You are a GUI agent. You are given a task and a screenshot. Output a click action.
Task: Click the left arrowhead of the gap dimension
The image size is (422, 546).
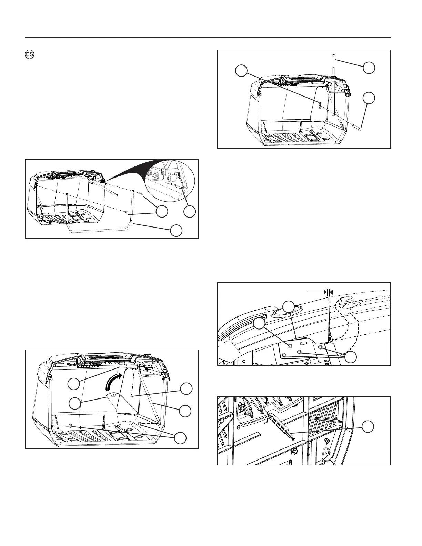(x=325, y=292)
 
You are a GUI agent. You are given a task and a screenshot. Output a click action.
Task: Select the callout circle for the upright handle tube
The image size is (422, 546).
(x=369, y=68)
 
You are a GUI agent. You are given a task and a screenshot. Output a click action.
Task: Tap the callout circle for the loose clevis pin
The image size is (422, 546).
(x=369, y=98)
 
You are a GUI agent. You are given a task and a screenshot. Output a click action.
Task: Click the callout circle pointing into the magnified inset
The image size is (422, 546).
(x=189, y=212)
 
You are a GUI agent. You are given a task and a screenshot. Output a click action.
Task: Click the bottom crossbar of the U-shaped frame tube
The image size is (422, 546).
(x=100, y=232)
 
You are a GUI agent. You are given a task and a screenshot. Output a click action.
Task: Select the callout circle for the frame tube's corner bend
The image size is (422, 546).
(x=176, y=231)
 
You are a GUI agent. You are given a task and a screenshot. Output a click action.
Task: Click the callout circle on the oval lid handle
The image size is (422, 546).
(x=288, y=306)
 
